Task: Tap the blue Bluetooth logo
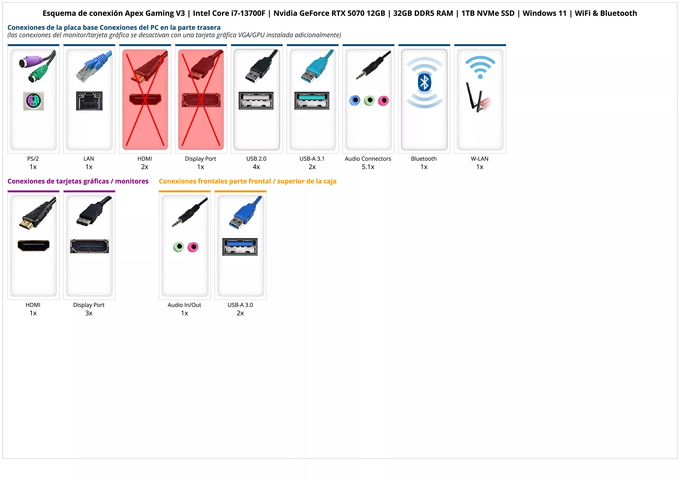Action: tap(424, 82)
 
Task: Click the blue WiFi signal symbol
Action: tap(480, 68)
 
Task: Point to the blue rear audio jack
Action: tap(355, 101)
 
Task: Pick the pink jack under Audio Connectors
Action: tap(383, 101)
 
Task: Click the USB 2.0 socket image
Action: tap(256, 101)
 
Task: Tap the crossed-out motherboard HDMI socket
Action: tap(145, 99)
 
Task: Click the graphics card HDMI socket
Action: tap(34, 246)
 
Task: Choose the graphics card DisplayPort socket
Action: tap(89, 246)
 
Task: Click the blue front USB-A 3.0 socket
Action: tap(240, 247)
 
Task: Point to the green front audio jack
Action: tap(179, 247)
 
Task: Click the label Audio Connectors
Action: tap(368, 159)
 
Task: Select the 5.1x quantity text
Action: tap(368, 167)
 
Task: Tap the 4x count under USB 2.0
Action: tap(256, 167)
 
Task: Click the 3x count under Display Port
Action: tap(89, 313)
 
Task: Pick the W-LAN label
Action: tap(480, 159)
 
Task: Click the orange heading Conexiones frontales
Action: tap(247, 181)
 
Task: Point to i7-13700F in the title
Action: tap(248, 13)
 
